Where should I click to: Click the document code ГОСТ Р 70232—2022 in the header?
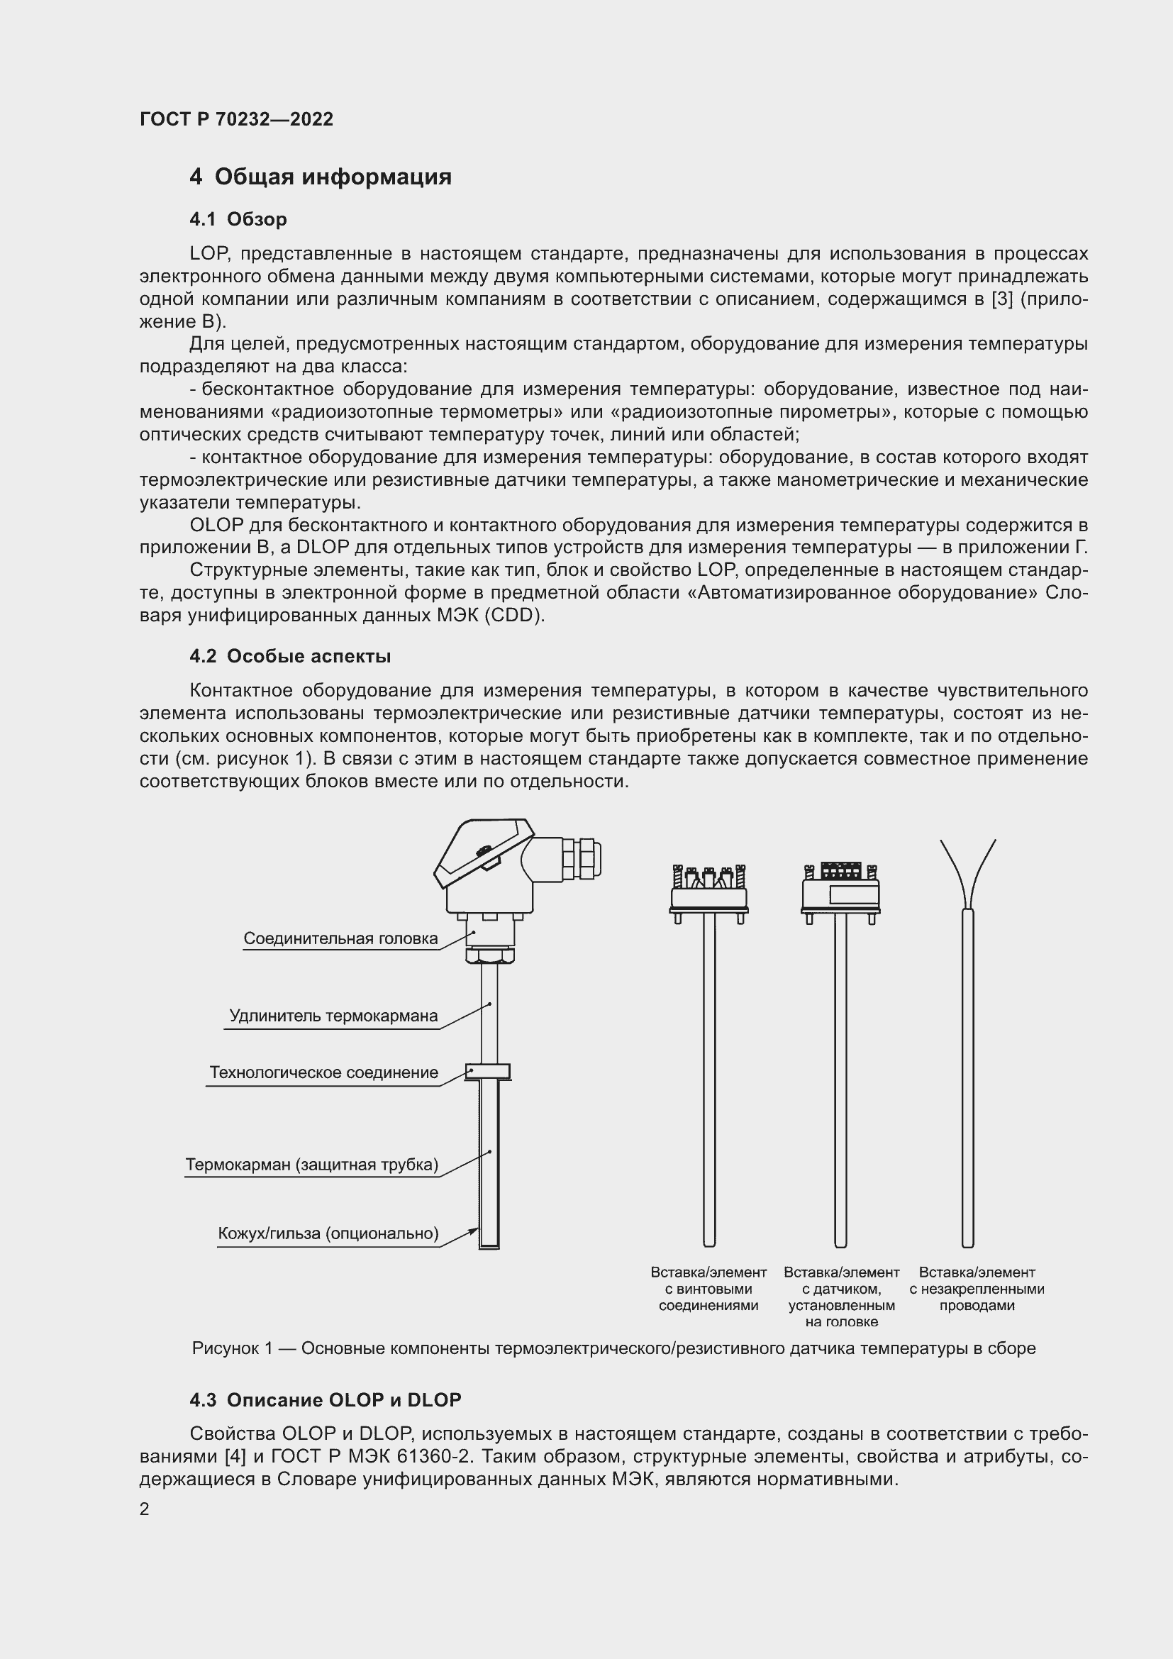click(x=236, y=119)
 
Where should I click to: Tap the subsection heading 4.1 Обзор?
click(x=238, y=219)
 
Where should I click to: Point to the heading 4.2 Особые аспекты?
click(x=289, y=656)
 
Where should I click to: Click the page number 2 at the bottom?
click(x=145, y=1509)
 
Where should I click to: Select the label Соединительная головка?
click(x=340, y=938)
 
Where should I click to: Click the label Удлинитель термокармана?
click(x=333, y=1016)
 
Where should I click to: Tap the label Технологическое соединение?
click(x=323, y=1073)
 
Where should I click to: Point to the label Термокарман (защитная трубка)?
click(x=312, y=1165)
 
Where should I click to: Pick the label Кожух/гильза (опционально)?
click(x=328, y=1233)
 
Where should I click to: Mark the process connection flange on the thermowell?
click(x=488, y=1072)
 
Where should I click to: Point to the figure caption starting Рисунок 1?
click(x=613, y=1348)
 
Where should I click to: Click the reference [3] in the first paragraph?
click(x=1002, y=299)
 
